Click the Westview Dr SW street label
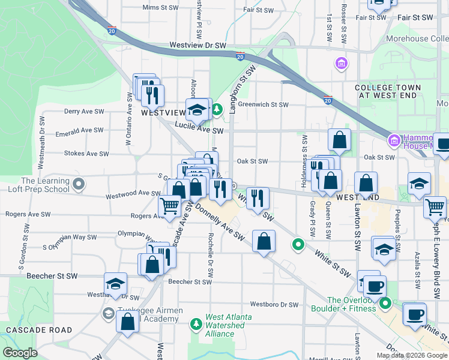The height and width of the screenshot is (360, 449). point(197,45)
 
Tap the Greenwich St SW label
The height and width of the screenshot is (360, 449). point(263,104)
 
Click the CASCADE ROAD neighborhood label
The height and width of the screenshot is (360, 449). point(39,330)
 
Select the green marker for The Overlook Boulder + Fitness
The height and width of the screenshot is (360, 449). point(386,304)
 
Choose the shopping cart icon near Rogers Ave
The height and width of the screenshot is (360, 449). point(170,206)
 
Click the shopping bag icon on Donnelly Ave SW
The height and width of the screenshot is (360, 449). point(264,242)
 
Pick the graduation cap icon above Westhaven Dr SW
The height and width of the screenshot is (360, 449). point(115,284)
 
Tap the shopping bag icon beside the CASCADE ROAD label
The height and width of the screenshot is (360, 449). point(128,322)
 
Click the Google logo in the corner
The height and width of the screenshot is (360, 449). point(20,353)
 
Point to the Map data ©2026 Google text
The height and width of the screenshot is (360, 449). point(412,355)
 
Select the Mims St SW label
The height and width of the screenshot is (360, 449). point(160,8)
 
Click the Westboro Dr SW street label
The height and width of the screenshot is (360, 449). point(274,304)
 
